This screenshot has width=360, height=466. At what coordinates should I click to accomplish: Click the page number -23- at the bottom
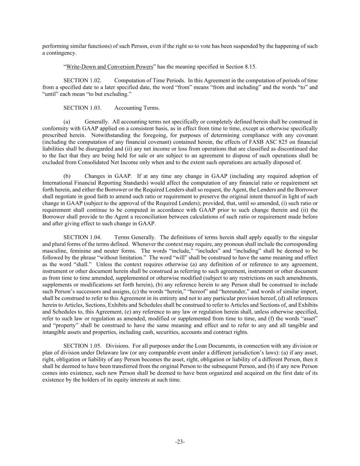tap(180, 442)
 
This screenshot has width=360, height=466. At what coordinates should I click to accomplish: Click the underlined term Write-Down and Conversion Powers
tap(109, 67)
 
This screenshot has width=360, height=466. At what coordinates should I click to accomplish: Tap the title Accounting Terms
tap(137, 108)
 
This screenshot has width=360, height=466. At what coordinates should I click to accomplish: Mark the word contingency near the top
tap(61, 53)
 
